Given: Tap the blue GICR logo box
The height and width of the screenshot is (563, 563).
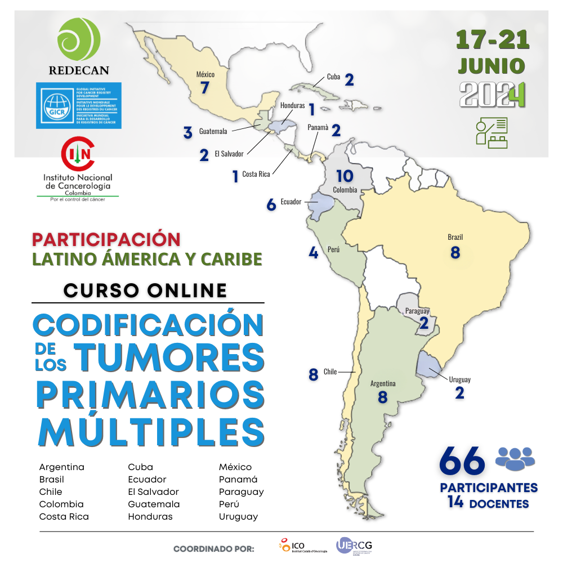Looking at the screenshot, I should pos(78,105).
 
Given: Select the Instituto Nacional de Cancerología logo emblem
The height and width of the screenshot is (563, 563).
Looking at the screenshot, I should pos(78,154).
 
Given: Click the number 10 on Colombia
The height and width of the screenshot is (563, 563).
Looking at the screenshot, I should pos(344,176).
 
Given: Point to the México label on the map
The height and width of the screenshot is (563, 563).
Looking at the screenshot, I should pos(205,74).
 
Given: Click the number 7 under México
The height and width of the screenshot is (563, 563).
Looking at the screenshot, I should pos(205,88).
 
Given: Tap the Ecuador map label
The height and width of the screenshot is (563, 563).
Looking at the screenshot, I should pos(291,202).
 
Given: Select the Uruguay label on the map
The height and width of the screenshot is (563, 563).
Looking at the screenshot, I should pos(459,379).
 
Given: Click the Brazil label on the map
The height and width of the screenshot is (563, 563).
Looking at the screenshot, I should pos(455,237).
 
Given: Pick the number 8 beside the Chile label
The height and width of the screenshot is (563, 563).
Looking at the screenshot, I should pos(314,374).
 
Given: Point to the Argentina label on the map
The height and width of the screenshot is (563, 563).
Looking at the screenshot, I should pos(383,383).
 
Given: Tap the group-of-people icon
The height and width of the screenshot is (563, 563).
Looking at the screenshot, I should pos(515,458).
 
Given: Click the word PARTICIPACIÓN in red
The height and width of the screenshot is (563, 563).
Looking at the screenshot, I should pos(106,239).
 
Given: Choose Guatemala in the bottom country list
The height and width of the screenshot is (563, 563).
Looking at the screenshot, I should pos(154,504).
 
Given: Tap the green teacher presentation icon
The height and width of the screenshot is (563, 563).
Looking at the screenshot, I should pos(491,133).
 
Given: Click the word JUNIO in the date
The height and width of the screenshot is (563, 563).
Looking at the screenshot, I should pos(491,65).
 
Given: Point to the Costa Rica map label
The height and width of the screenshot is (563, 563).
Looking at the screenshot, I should pos(257,175).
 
